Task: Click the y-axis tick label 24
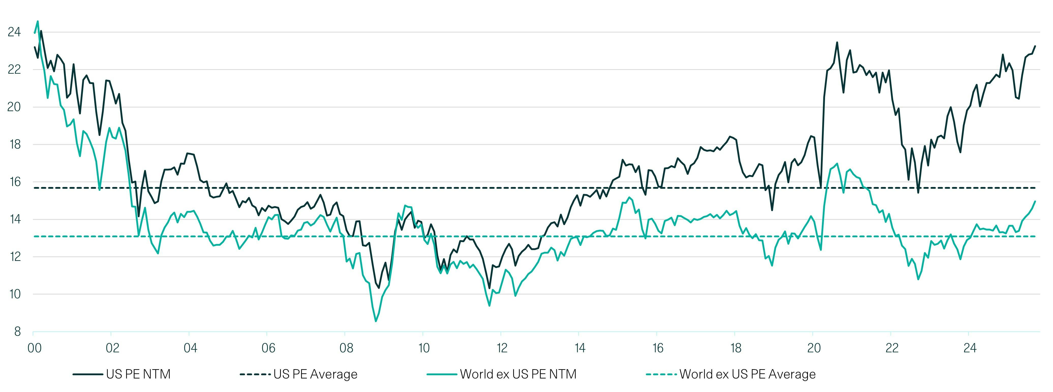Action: click(x=14, y=32)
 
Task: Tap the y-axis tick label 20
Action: click(x=14, y=107)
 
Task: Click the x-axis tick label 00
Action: click(x=34, y=348)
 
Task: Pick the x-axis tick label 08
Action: click(x=346, y=348)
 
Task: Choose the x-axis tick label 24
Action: click(x=970, y=348)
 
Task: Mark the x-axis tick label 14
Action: click(x=580, y=348)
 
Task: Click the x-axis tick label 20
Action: click(x=814, y=348)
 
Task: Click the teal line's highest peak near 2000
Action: click(x=38, y=21)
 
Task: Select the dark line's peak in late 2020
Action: click(x=837, y=42)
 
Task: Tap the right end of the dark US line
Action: click(x=1035, y=46)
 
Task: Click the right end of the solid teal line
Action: click(x=1035, y=201)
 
